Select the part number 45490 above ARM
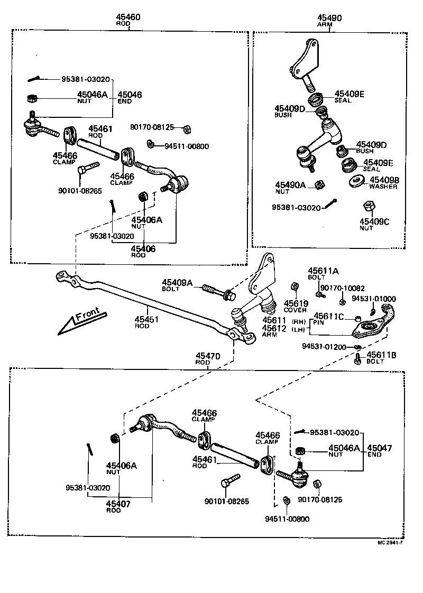coord(329,18)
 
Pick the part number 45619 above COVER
coord(296,303)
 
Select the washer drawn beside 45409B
coord(356,182)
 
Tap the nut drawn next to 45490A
coord(319,184)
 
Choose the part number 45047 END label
coord(380,448)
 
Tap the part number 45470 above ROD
coord(207,356)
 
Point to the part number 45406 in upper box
coord(143,248)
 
